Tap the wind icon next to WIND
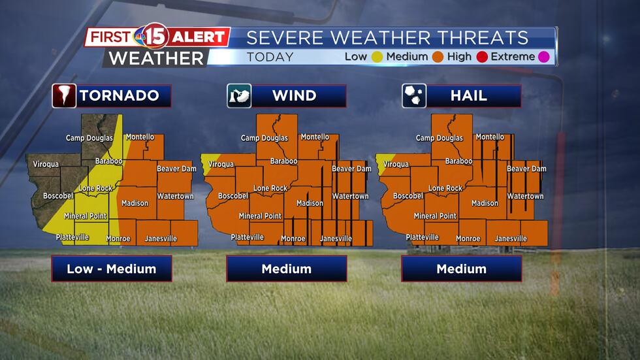[x=239, y=96]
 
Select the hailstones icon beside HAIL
[x=414, y=96]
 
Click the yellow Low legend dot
[x=377, y=57]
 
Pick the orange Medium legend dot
[x=438, y=57]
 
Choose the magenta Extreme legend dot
[x=543, y=57]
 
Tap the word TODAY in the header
[x=270, y=57]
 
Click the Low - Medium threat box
[x=112, y=269]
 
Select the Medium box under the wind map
[x=287, y=269]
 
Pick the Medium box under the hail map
[x=462, y=269]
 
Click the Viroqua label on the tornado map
[x=46, y=164]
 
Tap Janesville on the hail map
[x=511, y=238]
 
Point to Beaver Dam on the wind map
[x=351, y=169]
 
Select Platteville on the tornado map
[x=72, y=237]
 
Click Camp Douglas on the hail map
[x=440, y=138]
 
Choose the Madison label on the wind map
[x=310, y=203]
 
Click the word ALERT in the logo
[x=198, y=37]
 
